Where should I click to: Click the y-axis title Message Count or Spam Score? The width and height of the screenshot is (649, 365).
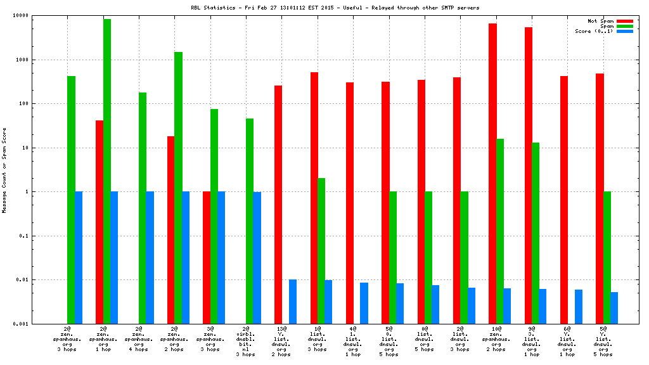tap(5, 170)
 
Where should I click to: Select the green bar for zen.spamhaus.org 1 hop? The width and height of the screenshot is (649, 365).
tap(107, 171)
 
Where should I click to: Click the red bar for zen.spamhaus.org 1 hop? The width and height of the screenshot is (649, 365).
tap(100, 222)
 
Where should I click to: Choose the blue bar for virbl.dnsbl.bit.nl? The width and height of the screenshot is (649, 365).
tap(257, 257)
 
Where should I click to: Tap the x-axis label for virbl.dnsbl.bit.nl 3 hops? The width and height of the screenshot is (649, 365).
tap(245, 341)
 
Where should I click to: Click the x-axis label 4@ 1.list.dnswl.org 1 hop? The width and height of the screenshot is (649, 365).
tap(352, 341)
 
